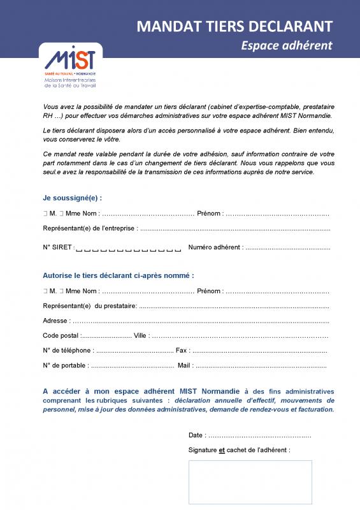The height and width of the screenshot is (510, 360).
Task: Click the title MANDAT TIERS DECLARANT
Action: (235, 26)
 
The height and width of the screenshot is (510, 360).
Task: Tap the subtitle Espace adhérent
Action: (287, 45)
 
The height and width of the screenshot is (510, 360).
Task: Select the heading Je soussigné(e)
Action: (72, 198)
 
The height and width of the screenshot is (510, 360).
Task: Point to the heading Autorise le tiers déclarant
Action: (118, 275)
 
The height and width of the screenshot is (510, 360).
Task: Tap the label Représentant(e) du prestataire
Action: (90, 306)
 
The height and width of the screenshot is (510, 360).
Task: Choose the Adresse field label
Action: (56, 321)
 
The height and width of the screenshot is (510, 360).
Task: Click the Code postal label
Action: (61, 336)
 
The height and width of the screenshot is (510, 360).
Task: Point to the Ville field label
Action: (140, 336)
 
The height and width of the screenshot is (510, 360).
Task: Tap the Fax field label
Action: (182, 351)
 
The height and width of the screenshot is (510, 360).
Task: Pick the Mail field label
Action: (185, 366)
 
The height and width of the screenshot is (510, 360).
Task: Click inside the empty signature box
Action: (250, 481)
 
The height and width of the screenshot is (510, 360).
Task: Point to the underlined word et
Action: (222, 450)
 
